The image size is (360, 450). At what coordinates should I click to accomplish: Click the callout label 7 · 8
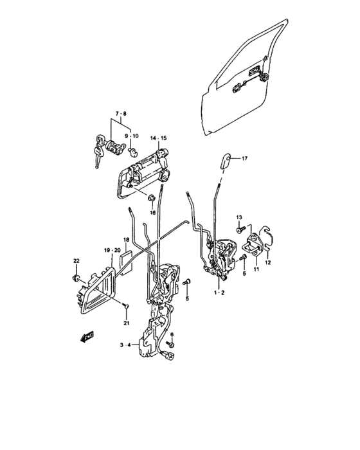pos(121,114)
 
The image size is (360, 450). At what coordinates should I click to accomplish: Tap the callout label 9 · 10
pos(131,136)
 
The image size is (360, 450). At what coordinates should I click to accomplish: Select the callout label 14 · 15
pos(158,138)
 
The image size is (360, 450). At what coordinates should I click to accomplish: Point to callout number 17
pos(244,158)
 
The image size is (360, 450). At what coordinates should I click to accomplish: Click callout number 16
pos(152,213)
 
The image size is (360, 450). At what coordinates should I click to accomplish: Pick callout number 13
pos(239,217)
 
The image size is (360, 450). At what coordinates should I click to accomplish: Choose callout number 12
pos(267,262)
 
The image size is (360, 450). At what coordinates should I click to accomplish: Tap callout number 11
pos(256,269)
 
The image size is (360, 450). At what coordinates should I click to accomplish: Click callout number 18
pos(126,240)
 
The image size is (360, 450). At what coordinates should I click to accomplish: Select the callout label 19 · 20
pos(112,251)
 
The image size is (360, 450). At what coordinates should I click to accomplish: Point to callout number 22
pos(76,261)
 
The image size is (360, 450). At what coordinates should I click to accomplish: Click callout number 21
pos(126,323)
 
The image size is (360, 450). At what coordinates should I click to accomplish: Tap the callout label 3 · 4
pos(125,345)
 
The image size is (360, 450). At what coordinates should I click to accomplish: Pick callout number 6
pos(172,335)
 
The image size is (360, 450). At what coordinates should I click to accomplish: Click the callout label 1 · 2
pos(219,292)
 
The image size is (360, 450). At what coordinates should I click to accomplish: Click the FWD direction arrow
pos(87,337)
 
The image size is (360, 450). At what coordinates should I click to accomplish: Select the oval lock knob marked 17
pos(226,161)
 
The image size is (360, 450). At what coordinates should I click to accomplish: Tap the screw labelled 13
pos(240,230)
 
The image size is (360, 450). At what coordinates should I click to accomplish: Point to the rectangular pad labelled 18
pos(126,263)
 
